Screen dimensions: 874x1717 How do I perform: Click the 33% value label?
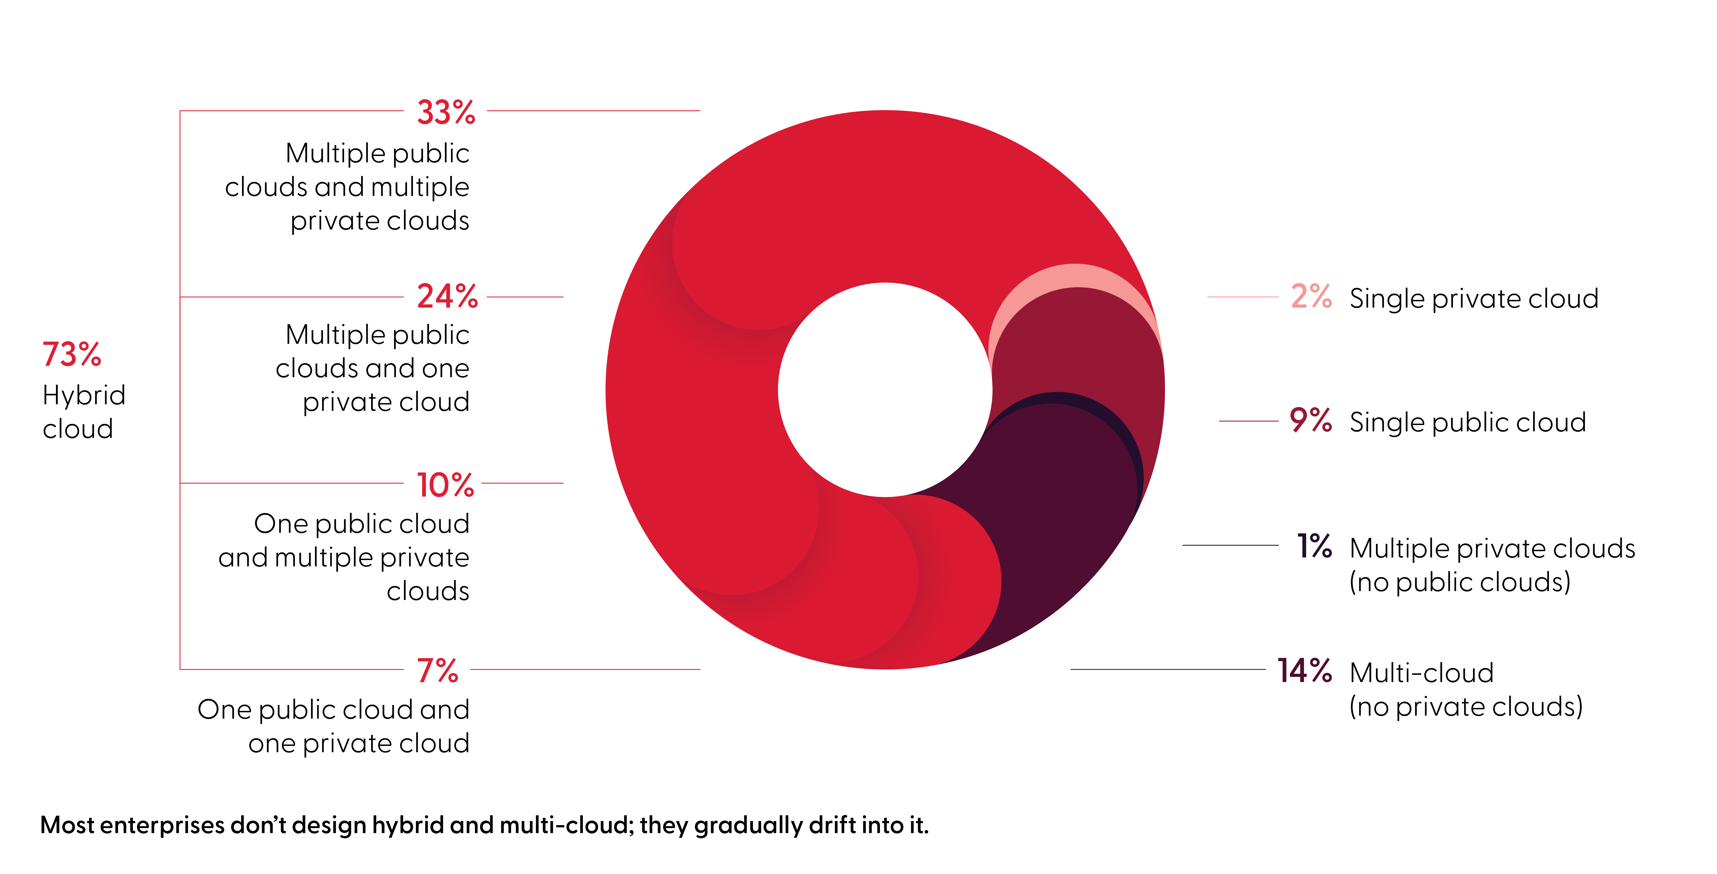[x=446, y=112]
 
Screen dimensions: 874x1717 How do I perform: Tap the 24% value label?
[x=447, y=297]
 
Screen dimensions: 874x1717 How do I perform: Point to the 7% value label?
[x=437, y=671]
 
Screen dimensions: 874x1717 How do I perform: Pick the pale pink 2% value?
[x=1310, y=297]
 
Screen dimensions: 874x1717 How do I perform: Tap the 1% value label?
[x=1314, y=546]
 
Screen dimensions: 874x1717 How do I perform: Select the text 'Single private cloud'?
[x=1474, y=299]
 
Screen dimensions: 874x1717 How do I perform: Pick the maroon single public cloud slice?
[x=1093, y=347]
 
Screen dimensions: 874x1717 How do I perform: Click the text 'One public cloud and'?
[x=333, y=709]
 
